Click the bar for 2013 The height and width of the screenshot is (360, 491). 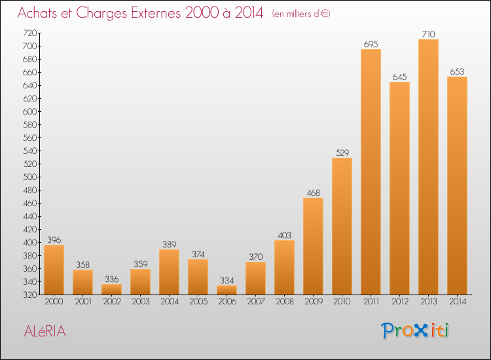pyautogui.click(x=428, y=167)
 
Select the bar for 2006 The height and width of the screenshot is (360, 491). pyautogui.click(x=227, y=290)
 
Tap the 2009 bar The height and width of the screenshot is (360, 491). pyautogui.click(x=313, y=246)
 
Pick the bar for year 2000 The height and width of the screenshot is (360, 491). pyautogui.click(x=54, y=270)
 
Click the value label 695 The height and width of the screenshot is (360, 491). pyautogui.click(x=371, y=44)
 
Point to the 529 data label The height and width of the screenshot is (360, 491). pyautogui.click(x=342, y=153)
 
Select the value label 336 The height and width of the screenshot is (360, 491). pyautogui.click(x=112, y=279)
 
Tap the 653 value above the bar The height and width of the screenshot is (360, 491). pyautogui.click(x=457, y=72)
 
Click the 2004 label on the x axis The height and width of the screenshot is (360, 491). pyautogui.click(x=170, y=302)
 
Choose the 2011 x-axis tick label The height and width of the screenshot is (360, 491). pyautogui.click(x=371, y=302)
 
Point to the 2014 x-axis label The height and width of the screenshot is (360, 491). pyautogui.click(x=458, y=302)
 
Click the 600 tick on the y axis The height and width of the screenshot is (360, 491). pyautogui.click(x=29, y=112)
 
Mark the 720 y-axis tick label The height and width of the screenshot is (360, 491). pyautogui.click(x=29, y=33)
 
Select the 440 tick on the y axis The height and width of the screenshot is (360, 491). pyautogui.click(x=29, y=216)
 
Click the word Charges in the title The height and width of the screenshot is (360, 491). pyautogui.click(x=101, y=13)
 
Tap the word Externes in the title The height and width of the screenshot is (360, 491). pyautogui.click(x=156, y=12)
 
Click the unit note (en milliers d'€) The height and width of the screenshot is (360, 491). pyautogui.click(x=301, y=14)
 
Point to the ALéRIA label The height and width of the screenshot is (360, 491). pyautogui.click(x=45, y=331)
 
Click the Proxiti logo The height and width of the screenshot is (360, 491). pyautogui.click(x=414, y=331)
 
